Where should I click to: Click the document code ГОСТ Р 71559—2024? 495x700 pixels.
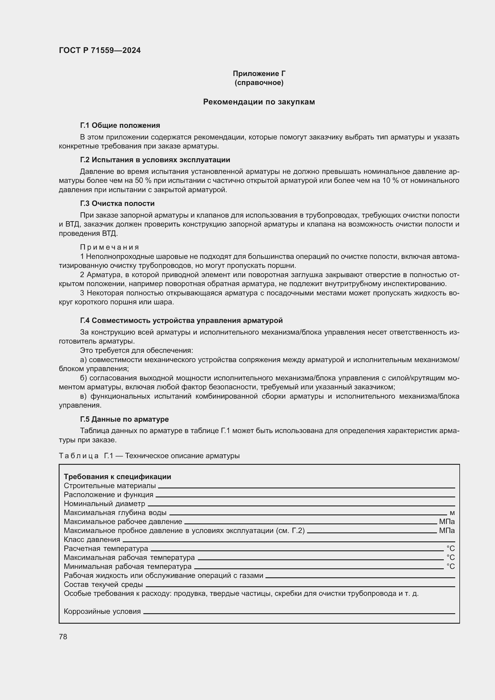point(100,50)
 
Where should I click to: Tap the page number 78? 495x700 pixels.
point(63,637)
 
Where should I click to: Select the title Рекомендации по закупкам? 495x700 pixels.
point(259,102)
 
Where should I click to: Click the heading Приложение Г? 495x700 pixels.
point(259,74)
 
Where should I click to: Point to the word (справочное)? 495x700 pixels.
point(259,83)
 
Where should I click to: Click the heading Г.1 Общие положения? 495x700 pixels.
point(120,125)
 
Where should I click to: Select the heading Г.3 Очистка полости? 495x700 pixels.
point(117,203)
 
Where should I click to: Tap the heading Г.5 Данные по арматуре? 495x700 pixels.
point(124,419)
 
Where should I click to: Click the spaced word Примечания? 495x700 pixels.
point(110,247)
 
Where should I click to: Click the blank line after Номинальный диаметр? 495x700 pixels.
point(301,506)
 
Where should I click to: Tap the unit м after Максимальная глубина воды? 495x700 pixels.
point(452,513)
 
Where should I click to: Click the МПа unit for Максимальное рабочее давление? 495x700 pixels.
point(447,522)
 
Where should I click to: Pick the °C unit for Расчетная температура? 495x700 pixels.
point(450,549)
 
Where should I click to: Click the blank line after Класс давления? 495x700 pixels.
point(288,542)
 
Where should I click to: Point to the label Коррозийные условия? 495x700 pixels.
point(102,611)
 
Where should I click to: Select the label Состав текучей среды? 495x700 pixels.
point(103,584)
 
